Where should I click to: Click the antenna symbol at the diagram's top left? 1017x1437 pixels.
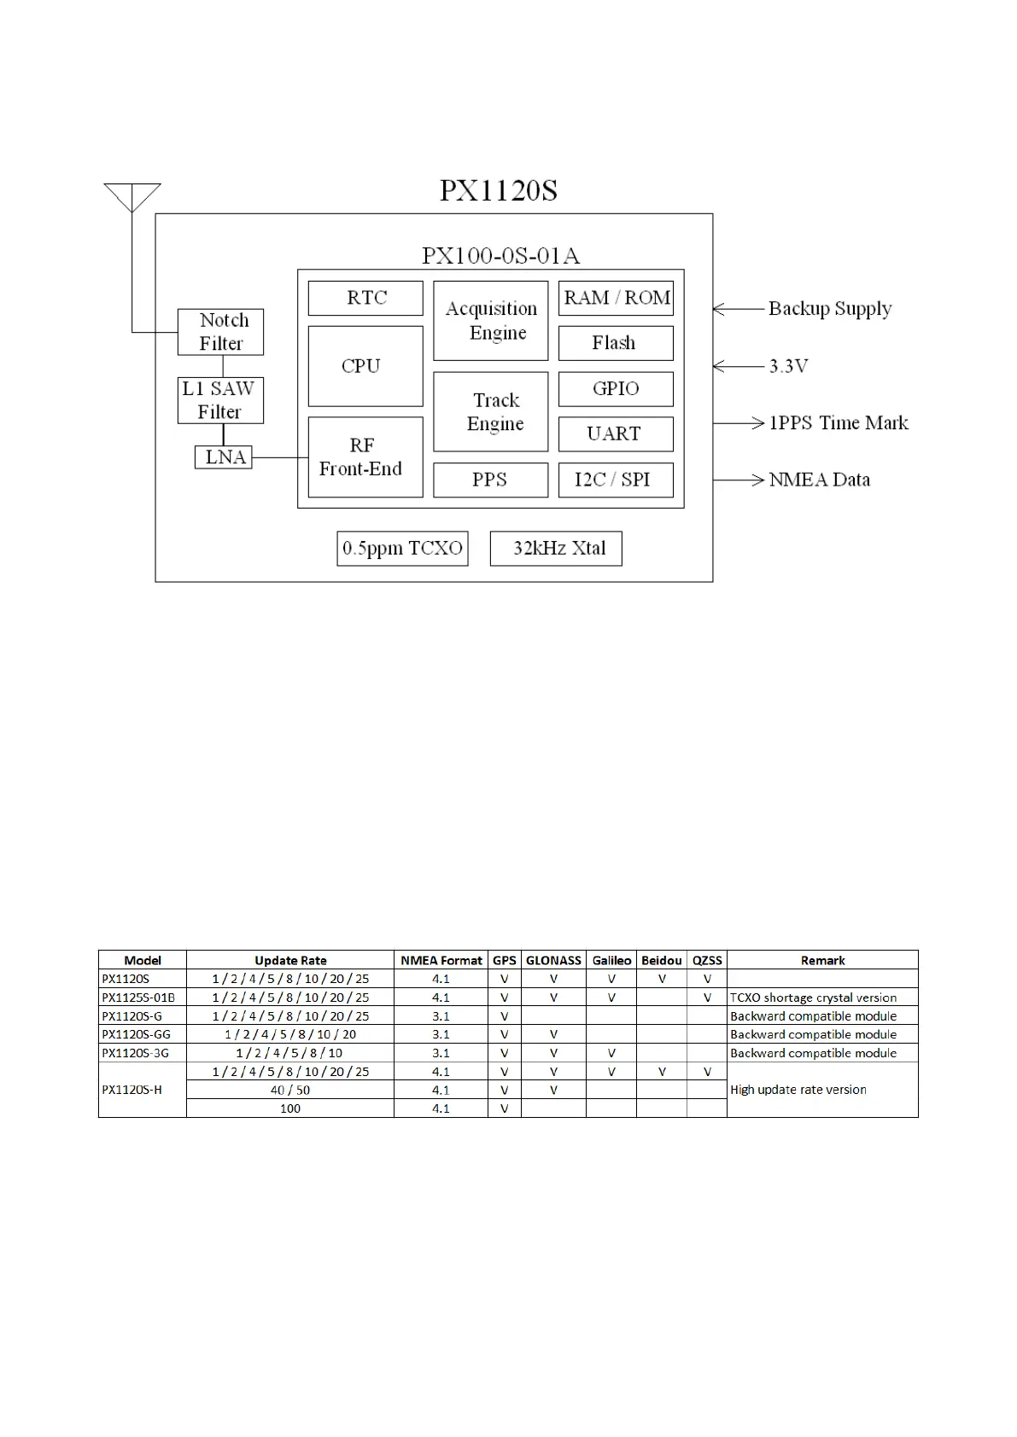tap(132, 197)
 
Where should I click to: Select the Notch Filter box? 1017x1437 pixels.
tap(220, 332)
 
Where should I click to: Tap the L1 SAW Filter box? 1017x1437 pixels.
tap(220, 400)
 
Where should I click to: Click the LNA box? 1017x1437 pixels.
tap(224, 457)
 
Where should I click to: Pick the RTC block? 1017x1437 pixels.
tap(365, 298)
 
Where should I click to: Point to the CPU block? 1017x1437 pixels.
tap(365, 366)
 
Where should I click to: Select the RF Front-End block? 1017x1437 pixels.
tap(365, 457)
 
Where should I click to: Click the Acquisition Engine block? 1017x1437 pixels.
tap(491, 321)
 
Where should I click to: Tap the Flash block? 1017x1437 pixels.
tap(616, 343)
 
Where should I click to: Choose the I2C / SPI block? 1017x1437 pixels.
tap(616, 480)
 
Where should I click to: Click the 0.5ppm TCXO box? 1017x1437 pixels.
tap(402, 548)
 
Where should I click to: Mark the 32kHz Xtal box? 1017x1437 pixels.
tap(556, 548)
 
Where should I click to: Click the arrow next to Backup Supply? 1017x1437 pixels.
tap(738, 309)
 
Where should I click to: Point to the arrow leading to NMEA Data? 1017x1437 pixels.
tap(739, 480)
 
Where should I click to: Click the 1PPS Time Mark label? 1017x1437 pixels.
tap(839, 423)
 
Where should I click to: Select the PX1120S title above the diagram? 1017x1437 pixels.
tap(499, 190)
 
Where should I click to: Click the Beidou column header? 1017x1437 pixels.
tap(662, 960)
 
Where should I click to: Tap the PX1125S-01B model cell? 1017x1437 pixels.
tap(138, 998)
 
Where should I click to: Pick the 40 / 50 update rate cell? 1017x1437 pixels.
tap(290, 1090)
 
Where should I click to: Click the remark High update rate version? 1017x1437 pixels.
tap(798, 1090)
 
